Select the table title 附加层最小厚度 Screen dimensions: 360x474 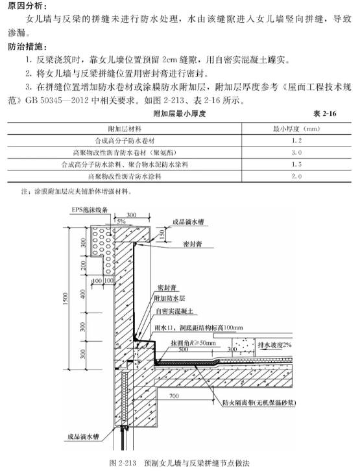click(179, 113)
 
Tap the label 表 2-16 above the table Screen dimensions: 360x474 click(324, 113)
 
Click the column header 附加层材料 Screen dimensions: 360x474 click(125, 129)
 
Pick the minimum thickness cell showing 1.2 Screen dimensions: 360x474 click(297, 141)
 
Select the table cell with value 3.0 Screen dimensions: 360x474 click(297, 152)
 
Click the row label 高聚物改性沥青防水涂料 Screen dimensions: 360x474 click(125, 176)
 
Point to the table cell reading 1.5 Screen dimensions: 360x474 click(297, 165)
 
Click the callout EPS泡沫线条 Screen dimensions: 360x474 click(90, 209)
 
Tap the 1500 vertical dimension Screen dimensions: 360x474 click(66, 299)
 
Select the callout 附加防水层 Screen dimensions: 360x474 click(169, 298)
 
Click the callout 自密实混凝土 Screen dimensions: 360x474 click(174, 311)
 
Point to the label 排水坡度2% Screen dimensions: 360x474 click(274, 345)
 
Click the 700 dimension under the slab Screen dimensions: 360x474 click(174, 396)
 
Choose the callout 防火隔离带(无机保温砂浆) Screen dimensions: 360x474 click(259, 403)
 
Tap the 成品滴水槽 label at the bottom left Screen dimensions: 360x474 click(83, 436)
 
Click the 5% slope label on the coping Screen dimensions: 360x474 click(121, 221)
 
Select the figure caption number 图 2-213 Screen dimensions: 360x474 click(123, 463)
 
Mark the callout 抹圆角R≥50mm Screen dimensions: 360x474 click(193, 343)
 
